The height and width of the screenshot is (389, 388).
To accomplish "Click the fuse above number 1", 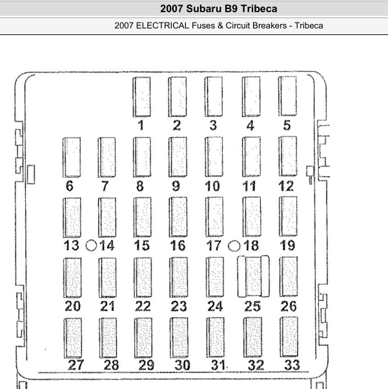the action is [142, 97].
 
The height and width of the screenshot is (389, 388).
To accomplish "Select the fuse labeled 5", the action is [287, 96].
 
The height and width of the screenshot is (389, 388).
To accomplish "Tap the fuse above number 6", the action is [72, 157].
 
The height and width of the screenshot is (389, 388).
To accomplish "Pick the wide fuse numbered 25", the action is [253, 277].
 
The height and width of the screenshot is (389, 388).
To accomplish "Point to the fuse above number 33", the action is [289, 337].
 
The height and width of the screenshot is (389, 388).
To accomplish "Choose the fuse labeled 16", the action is [178, 217].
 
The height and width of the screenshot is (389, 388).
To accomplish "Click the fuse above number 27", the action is [73, 338].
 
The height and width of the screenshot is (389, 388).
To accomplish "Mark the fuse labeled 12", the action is [288, 156].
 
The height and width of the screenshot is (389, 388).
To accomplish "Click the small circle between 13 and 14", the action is [91, 246].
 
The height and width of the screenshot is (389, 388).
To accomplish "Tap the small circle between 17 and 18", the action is [234, 246].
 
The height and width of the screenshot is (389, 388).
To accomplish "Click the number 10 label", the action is [212, 186].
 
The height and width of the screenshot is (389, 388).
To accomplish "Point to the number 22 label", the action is [143, 306].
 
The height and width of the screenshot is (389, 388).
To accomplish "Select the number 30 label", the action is [182, 365].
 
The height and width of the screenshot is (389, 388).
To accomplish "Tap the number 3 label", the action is [213, 125].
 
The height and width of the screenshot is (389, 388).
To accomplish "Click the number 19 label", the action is [287, 246].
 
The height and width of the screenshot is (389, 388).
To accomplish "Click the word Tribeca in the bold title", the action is [259, 8].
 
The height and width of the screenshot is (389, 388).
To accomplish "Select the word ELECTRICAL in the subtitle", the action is [163, 26].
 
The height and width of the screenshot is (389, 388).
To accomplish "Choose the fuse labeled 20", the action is [72, 278].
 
